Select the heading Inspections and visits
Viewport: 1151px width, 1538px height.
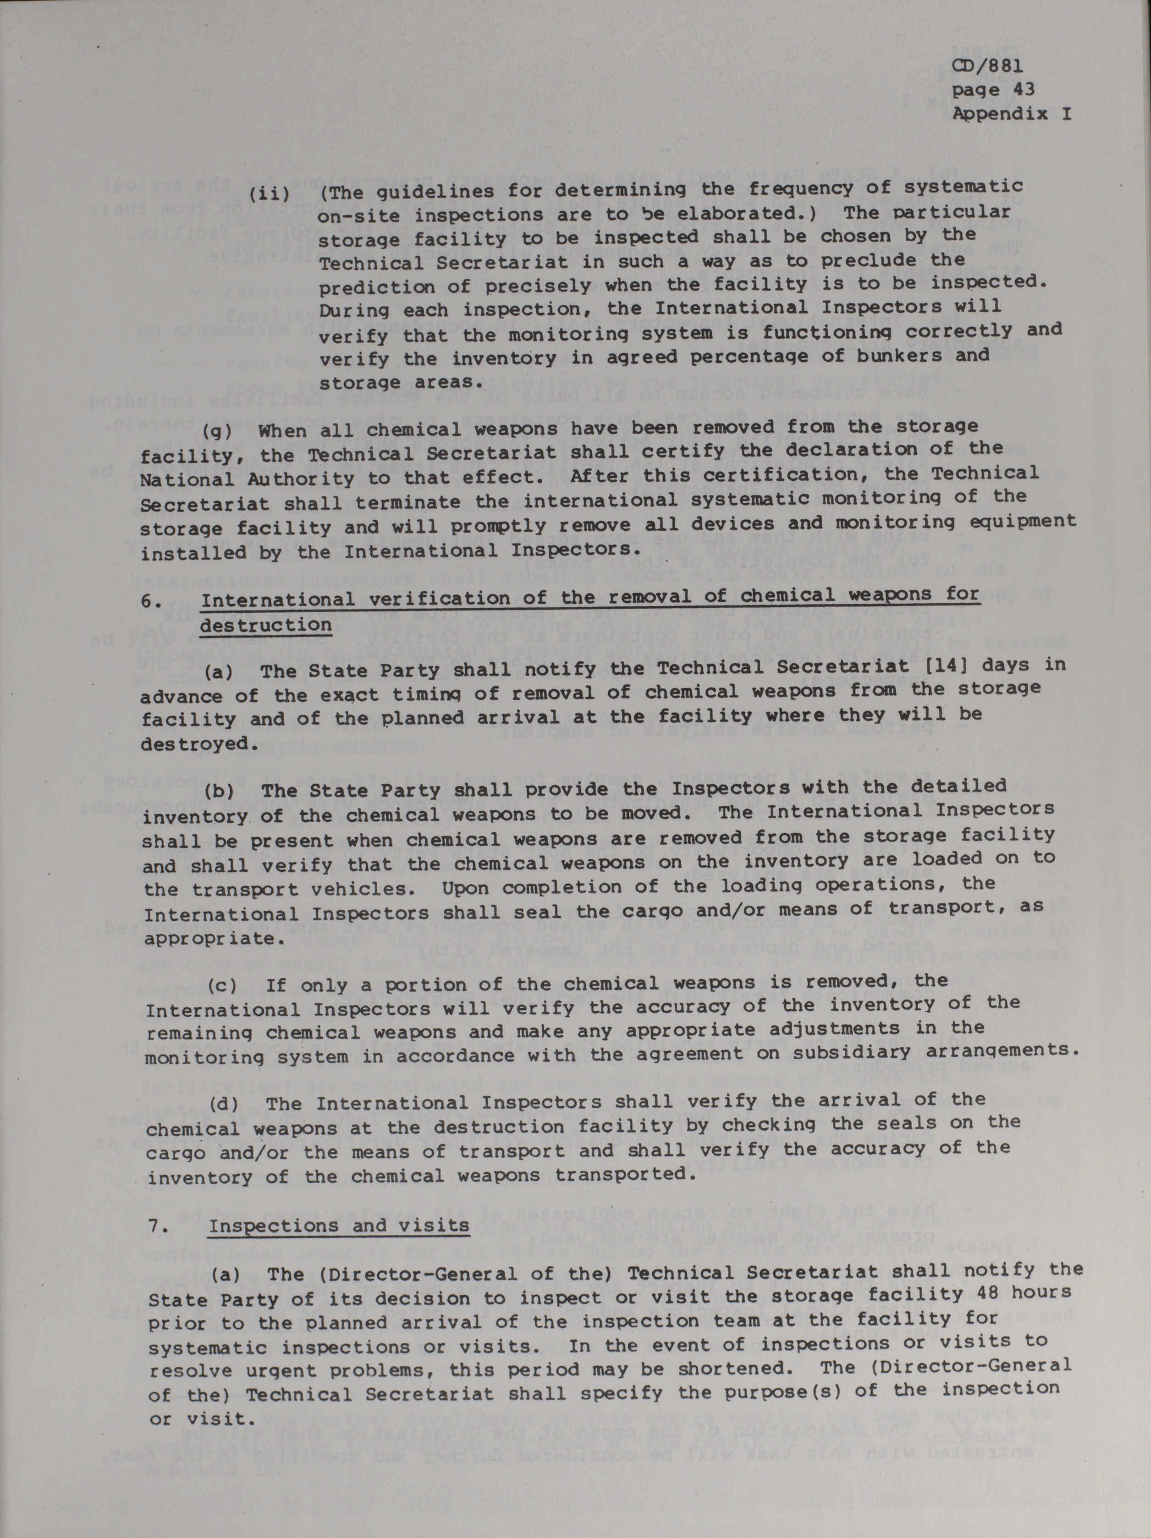[x=339, y=1225]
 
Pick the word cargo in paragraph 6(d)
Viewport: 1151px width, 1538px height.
[x=175, y=1153]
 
